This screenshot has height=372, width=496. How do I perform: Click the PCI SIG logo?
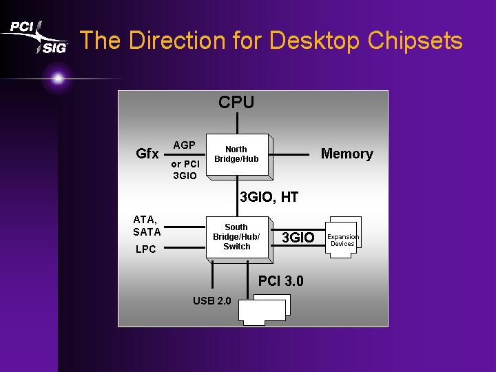[x=35, y=37]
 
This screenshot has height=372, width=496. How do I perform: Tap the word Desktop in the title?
[x=314, y=41]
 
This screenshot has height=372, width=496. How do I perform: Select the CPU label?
[x=236, y=102]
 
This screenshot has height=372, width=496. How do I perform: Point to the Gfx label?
[x=147, y=154]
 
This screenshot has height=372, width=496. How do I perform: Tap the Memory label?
[x=347, y=154]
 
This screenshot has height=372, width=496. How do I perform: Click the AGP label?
[x=184, y=145]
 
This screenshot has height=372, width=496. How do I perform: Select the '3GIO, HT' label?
[x=269, y=197]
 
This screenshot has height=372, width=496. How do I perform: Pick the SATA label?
[x=147, y=232]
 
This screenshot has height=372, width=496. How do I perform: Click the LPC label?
[x=146, y=249]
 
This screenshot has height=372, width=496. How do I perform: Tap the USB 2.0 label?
[x=212, y=300]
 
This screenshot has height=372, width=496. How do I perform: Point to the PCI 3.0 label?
[x=281, y=281]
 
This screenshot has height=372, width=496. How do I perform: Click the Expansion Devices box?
[x=343, y=237]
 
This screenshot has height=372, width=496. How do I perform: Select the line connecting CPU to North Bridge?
[x=237, y=123]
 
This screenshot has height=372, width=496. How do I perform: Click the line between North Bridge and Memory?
[x=289, y=155]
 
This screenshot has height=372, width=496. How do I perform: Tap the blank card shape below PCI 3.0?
[x=265, y=310]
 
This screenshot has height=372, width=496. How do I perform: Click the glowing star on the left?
[x=58, y=79]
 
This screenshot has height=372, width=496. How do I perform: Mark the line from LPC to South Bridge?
[x=185, y=248]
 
